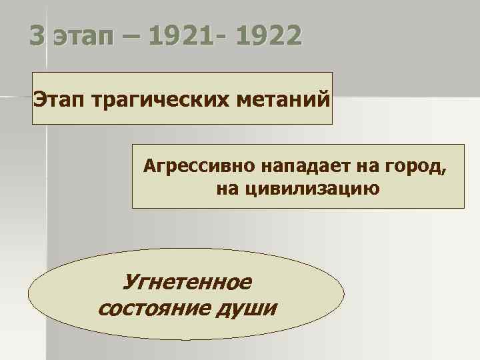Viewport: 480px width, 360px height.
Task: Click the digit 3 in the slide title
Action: (38, 35)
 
